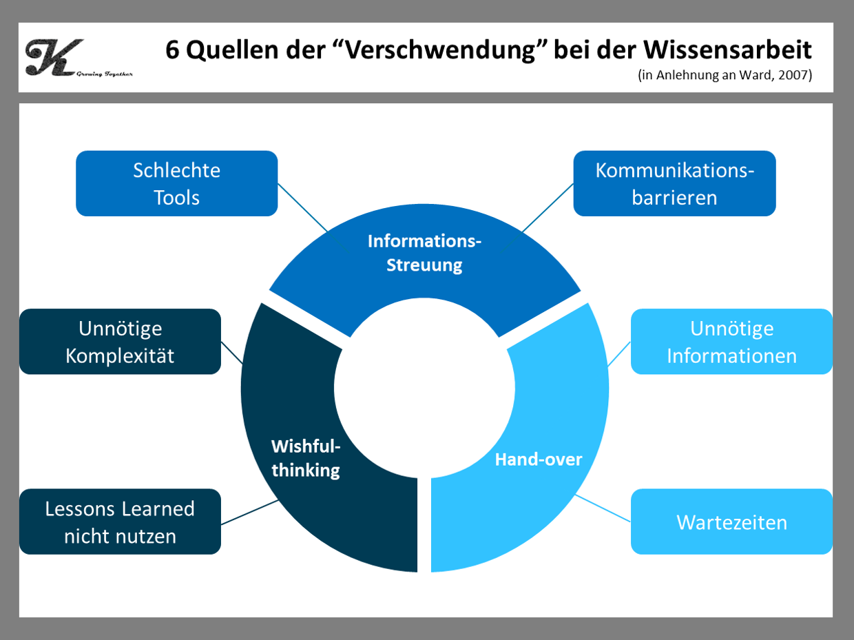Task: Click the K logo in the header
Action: point(52,56)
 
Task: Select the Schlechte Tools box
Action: point(176,184)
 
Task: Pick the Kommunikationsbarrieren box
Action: point(674,184)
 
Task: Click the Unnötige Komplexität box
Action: point(120,342)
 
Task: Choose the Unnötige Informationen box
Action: point(731,342)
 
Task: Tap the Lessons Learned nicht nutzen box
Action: point(120,522)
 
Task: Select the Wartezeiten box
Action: point(731,522)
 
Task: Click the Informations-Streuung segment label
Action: point(424,253)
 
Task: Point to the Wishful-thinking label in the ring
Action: point(306,459)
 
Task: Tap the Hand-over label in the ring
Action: point(539,460)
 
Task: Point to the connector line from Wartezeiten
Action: point(603,508)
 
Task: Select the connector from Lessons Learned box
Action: point(249,513)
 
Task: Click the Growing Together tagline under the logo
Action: point(105,72)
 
